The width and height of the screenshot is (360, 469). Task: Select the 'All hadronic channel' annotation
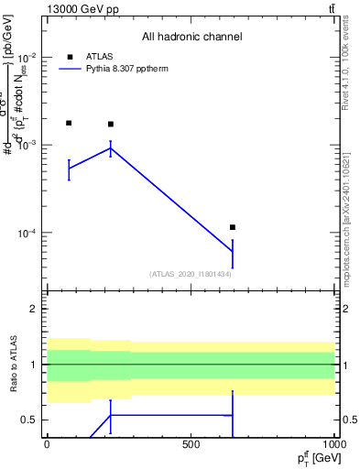tap(191, 37)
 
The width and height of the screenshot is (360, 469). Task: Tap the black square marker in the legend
tap(70, 57)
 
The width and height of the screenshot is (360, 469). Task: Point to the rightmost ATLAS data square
tap(233, 227)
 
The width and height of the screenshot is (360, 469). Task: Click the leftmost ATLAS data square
tap(69, 123)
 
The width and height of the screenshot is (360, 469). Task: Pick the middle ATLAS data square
tap(111, 125)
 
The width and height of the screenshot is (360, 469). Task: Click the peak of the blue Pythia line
tap(111, 147)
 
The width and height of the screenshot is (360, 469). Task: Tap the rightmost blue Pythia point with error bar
tap(233, 252)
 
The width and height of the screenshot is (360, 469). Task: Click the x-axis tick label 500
tap(191, 445)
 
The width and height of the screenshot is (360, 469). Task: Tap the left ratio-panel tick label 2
tap(36, 309)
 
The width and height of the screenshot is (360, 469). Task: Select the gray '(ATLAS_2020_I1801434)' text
tap(191, 274)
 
